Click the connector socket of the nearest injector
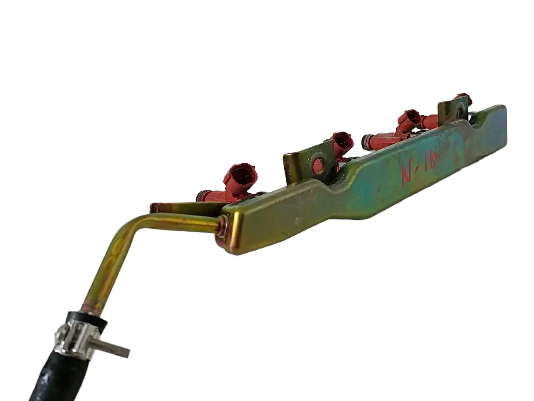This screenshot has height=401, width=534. [240, 175]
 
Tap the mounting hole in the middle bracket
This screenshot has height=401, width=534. [318, 163]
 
